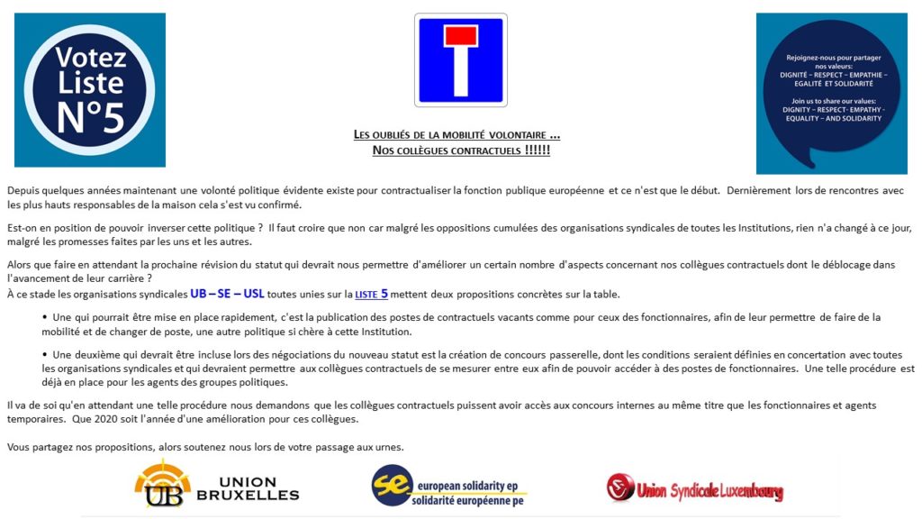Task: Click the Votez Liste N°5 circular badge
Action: (x=90, y=89)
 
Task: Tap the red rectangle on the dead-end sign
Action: (x=460, y=35)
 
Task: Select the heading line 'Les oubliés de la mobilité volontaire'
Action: (x=456, y=135)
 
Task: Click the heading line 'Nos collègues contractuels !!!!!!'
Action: (x=461, y=150)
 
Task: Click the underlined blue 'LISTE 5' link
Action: (x=371, y=294)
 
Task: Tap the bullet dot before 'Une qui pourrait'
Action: (x=45, y=317)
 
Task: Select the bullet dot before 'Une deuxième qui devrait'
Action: (x=45, y=355)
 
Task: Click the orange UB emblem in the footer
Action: (x=163, y=484)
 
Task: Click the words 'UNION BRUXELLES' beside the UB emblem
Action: (x=247, y=487)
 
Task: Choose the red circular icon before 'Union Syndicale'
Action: (x=620, y=487)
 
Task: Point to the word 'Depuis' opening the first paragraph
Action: (x=23, y=190)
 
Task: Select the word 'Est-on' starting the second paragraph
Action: (x=23, y=228)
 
